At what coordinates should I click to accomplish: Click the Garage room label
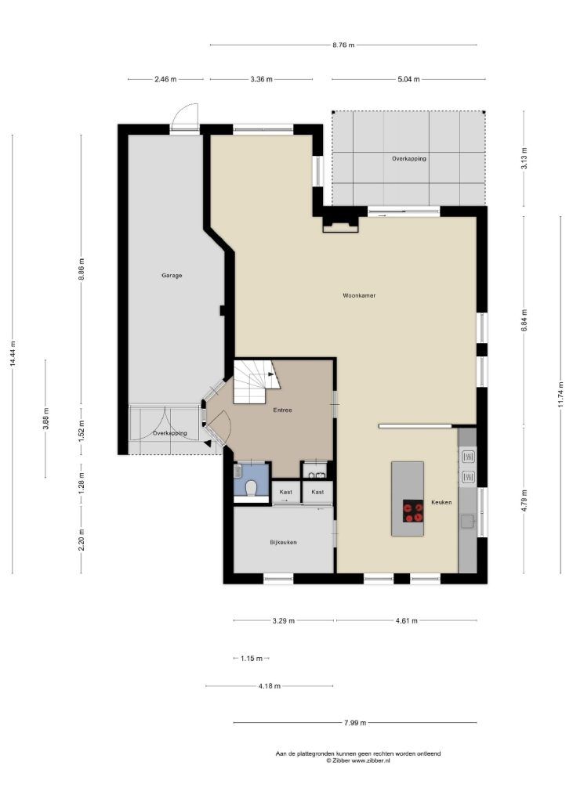click(172, 275)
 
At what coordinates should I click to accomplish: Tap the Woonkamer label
click(359, 295)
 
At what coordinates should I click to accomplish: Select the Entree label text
click(282, 410)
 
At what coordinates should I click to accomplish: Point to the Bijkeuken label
click(283, 542)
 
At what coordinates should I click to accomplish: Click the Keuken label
click(441, 502)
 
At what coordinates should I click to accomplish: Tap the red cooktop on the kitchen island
click(413, 511)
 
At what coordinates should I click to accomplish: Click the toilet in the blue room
click(251, 488)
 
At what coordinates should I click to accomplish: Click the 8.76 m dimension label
click(343, 45)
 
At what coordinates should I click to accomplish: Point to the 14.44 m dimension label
click(13, 353)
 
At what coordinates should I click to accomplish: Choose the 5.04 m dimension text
click(408, 79)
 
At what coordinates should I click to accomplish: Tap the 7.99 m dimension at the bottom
click(355, 723)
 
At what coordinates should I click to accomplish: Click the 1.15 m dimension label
click(252, 658)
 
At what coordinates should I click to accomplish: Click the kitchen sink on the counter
click(467, 521)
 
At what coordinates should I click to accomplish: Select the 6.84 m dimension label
click(524, 320)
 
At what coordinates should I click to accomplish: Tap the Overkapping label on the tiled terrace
click(409, 158)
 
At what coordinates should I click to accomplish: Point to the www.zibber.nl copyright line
click(358, 760)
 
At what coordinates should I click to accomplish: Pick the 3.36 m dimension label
click(262, 79)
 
